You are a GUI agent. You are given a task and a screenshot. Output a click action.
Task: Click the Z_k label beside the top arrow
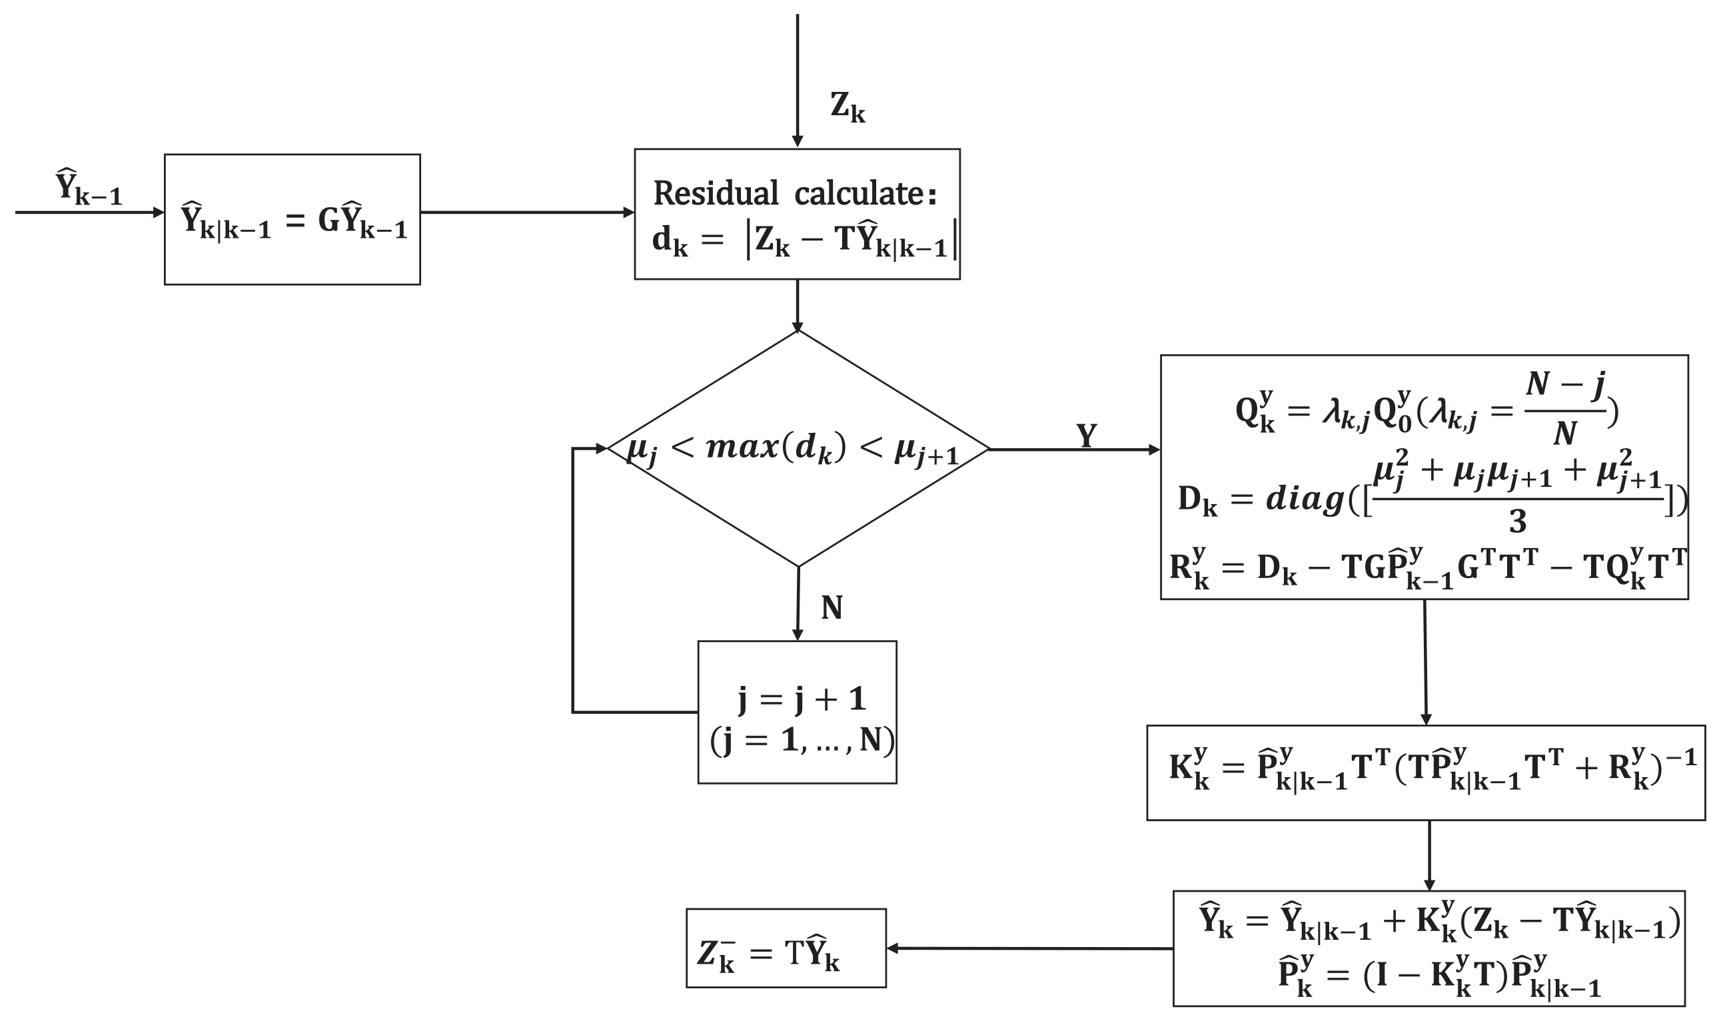pos(847,108)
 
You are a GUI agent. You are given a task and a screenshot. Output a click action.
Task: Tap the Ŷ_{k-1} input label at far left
pos(88,187)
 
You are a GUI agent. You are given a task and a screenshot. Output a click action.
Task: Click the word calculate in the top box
pos(864,193)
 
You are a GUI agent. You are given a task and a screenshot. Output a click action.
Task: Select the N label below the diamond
pos(832,607)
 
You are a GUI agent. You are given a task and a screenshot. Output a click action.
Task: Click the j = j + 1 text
pos(801,699)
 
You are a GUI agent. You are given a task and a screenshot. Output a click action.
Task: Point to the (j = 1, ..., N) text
pos(801,741)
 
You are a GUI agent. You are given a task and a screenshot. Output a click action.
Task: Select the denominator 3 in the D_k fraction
pos(1517,523)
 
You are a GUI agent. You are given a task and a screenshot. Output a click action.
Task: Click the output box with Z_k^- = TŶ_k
pos(785,948)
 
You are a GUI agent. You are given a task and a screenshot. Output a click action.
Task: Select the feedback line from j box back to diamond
pos(572,585)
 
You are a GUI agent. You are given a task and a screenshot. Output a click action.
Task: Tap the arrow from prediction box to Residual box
pos(526,212)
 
